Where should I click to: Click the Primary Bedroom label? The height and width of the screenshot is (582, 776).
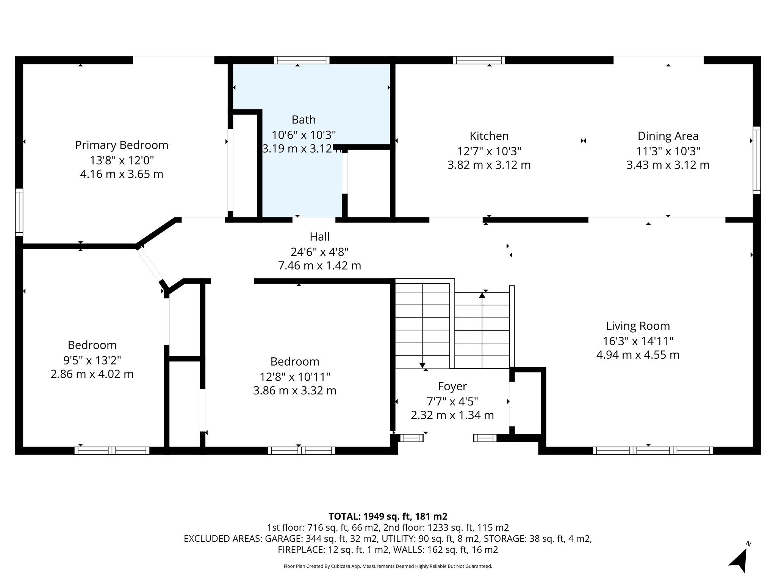(122, 145)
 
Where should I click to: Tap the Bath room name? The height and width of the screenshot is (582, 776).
(304, 120)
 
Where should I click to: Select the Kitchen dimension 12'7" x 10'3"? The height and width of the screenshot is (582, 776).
(489, 151)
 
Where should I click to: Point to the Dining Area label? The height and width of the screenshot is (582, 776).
(668, 136)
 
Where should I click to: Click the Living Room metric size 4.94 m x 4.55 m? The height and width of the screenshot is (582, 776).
(638, 355)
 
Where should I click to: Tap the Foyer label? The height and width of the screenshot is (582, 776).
(452, 386)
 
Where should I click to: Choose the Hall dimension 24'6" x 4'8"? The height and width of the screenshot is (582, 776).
(319, 252)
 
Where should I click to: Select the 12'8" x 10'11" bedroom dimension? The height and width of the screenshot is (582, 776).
(294, 377)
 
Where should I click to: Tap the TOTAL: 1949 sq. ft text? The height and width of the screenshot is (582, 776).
(388, 516)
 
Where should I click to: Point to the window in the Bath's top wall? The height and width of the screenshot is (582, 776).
(302, 60)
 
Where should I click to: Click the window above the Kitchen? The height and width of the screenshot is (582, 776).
(479, 60)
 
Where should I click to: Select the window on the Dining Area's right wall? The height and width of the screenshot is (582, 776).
(756, 160)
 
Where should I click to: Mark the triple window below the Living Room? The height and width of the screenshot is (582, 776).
(652, 451)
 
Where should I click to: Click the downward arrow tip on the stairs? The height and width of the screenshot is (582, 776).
(422, 365)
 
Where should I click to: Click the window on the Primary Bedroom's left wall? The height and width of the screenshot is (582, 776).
(19, 212)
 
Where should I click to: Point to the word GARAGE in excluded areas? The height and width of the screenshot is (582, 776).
(283, 539)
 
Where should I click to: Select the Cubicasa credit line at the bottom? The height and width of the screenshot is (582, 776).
(388, 566)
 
